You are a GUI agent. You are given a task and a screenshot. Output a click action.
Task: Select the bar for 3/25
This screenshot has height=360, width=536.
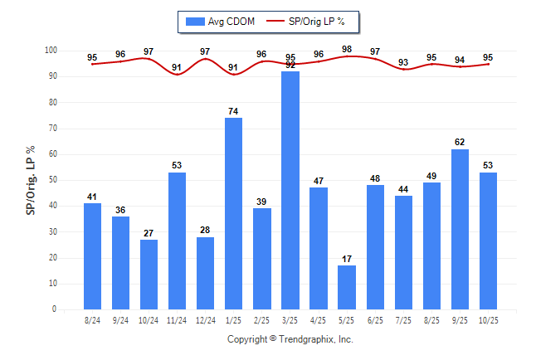tap(290, 191)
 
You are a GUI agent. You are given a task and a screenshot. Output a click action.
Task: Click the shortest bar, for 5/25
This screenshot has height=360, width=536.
tap(347, 287)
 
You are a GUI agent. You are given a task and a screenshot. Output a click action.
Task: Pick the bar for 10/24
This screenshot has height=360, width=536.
tap(149, 275)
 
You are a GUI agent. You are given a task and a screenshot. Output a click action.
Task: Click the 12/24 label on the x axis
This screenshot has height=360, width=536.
tap(205, 319)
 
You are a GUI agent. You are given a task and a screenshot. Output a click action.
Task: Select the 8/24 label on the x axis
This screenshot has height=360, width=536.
tap(92, 319)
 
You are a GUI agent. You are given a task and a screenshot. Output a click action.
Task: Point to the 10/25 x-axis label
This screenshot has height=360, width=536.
tap(489, 319)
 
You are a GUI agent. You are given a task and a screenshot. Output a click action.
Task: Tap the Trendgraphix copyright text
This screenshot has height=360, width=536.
tap(290, 339)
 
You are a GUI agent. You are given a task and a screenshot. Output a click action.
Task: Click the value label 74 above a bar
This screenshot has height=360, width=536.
tap(234, 111)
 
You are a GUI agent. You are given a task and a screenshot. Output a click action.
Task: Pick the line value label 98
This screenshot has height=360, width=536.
tap(347, 49)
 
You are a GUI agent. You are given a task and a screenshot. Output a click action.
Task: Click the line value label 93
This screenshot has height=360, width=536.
tap(403, 62)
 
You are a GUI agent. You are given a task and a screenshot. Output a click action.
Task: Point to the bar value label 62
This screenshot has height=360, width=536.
tap(460, 143)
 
